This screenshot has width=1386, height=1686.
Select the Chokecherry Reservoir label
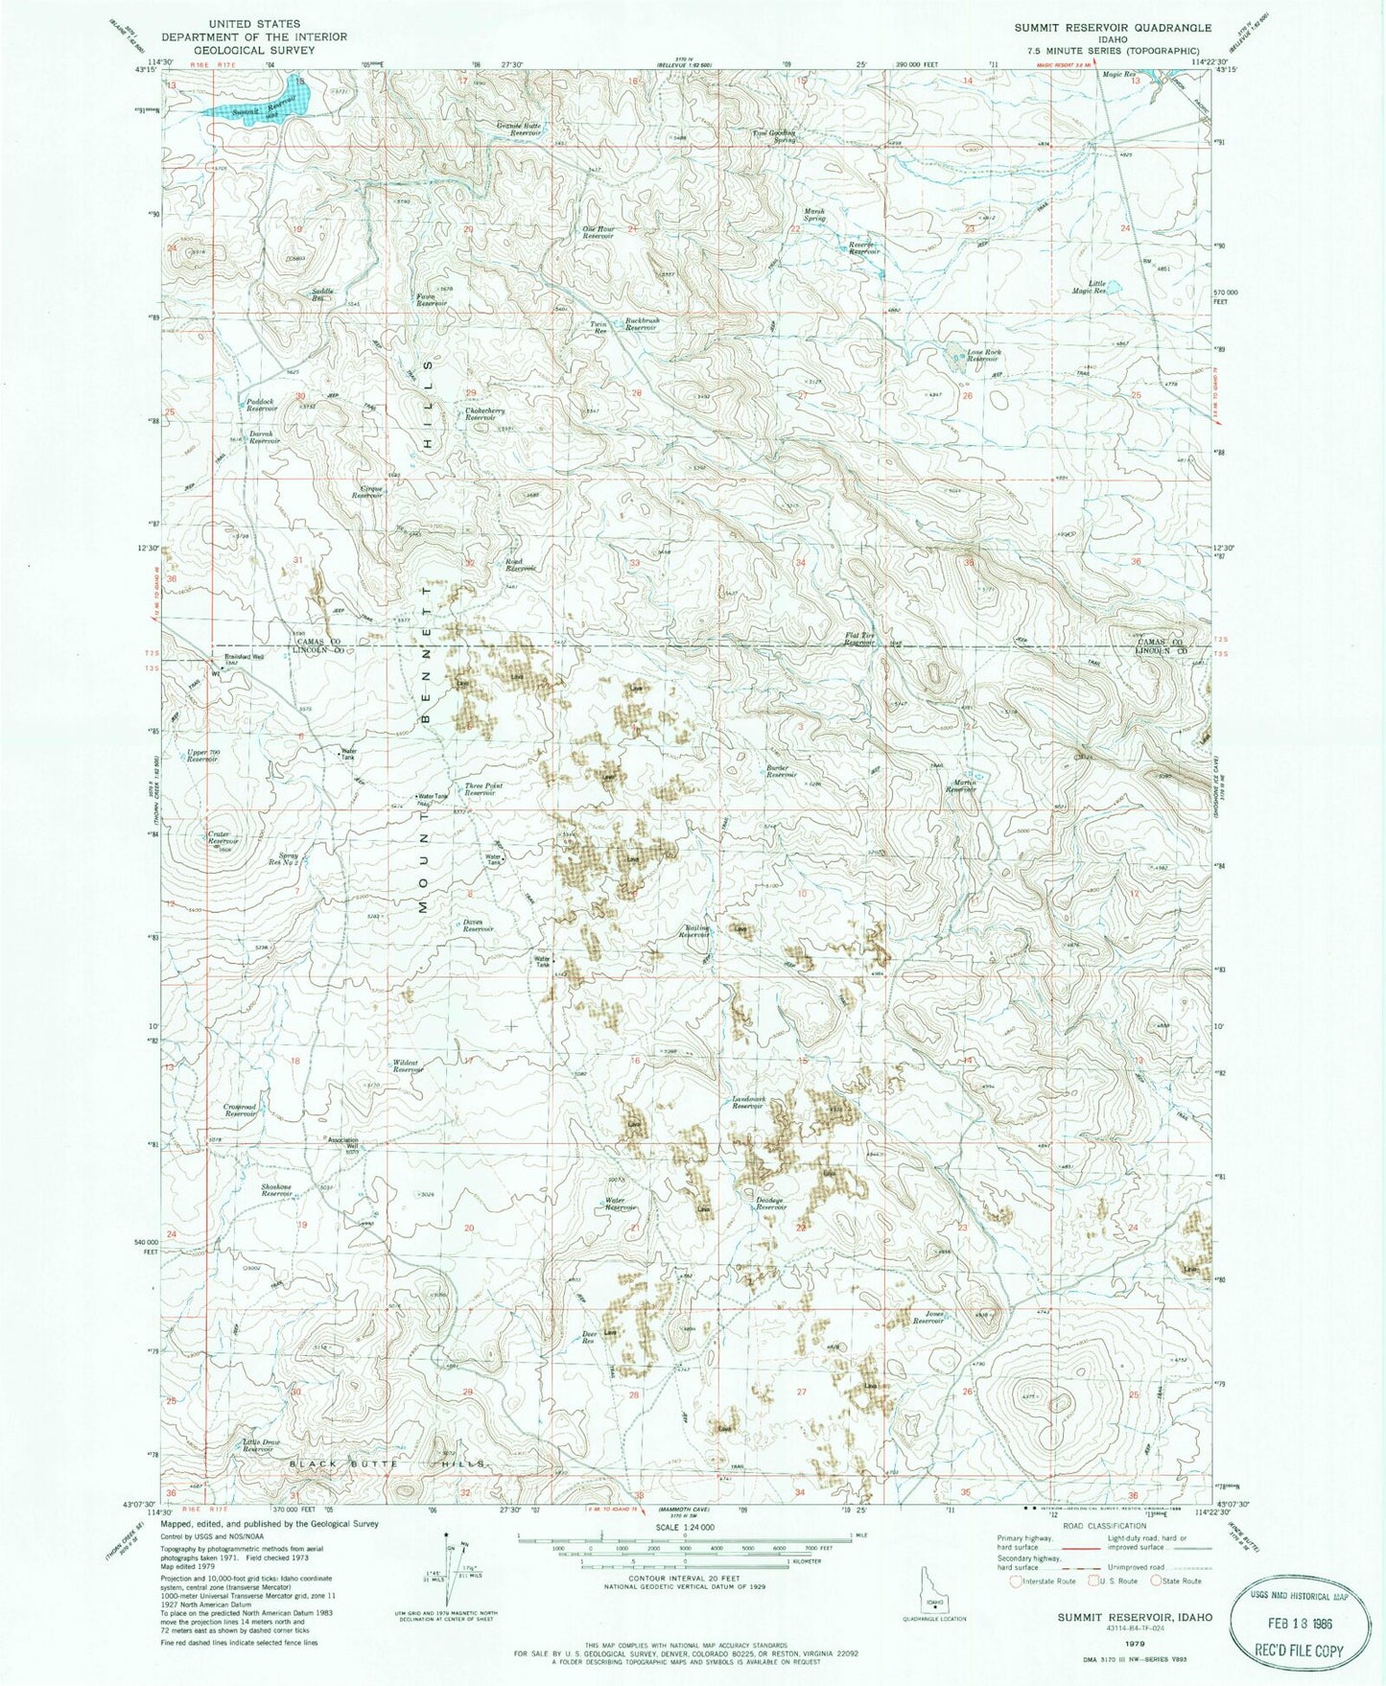486,414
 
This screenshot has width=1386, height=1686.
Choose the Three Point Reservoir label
483,789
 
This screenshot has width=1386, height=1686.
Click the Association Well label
342,1142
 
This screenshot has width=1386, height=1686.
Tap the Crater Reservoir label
223,837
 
